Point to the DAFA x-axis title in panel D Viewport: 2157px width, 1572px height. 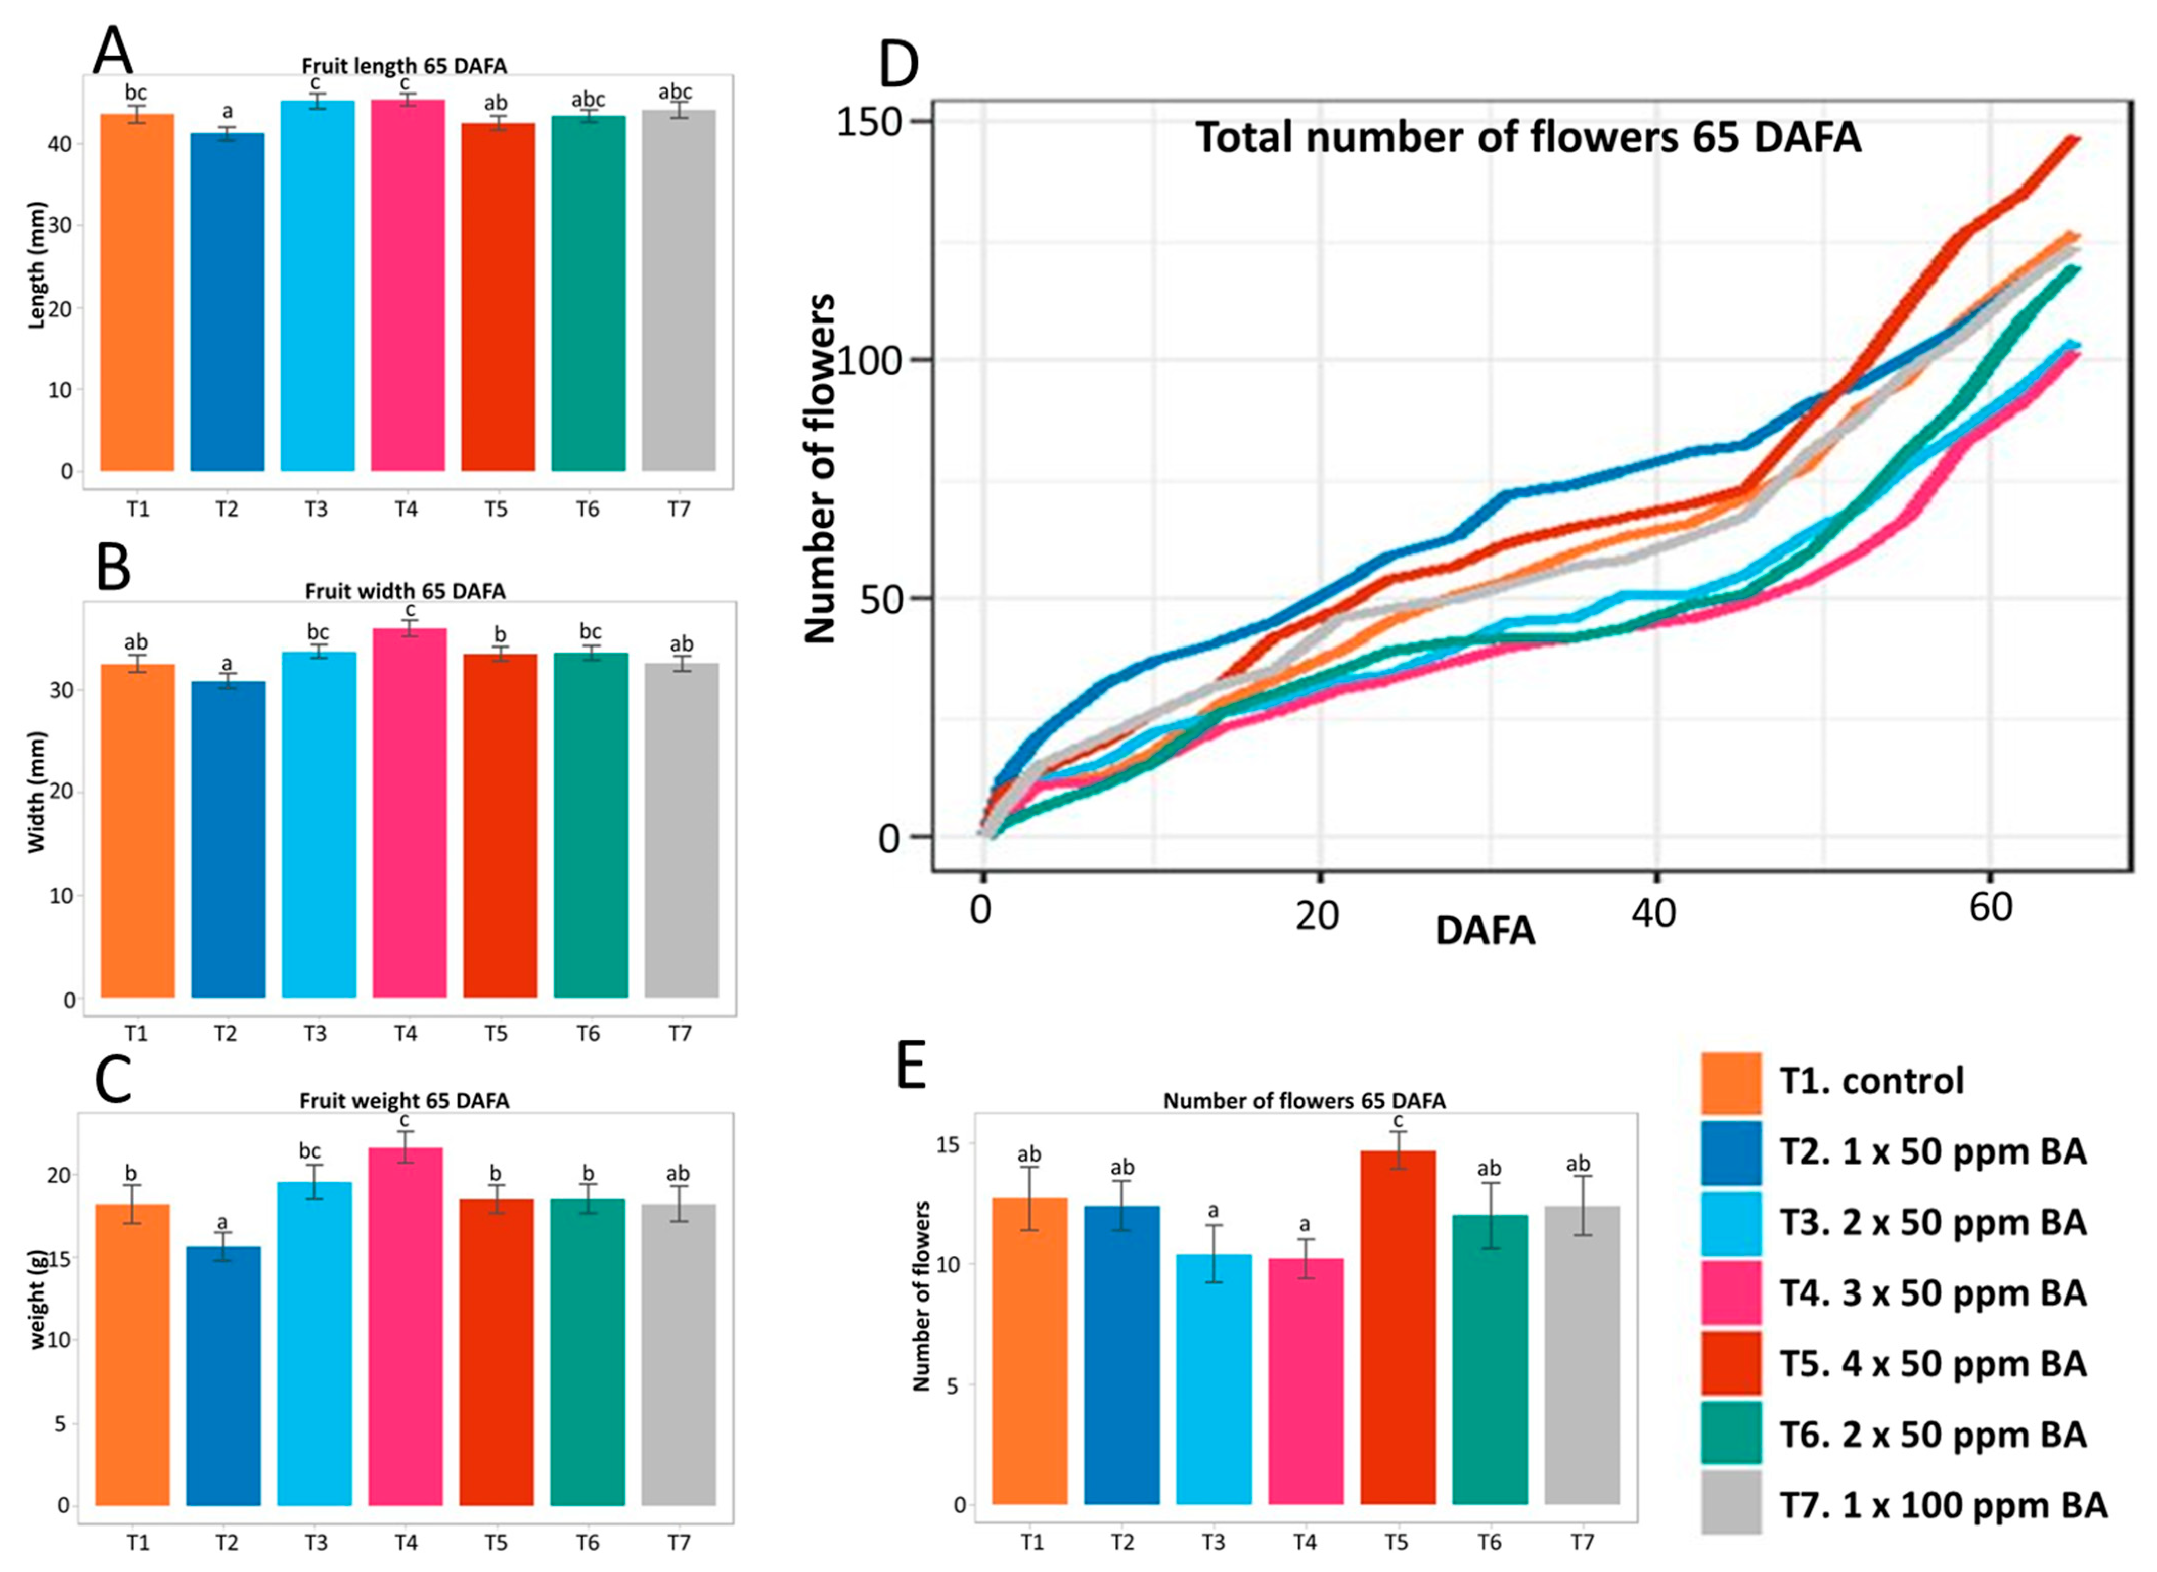[1485, 931]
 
